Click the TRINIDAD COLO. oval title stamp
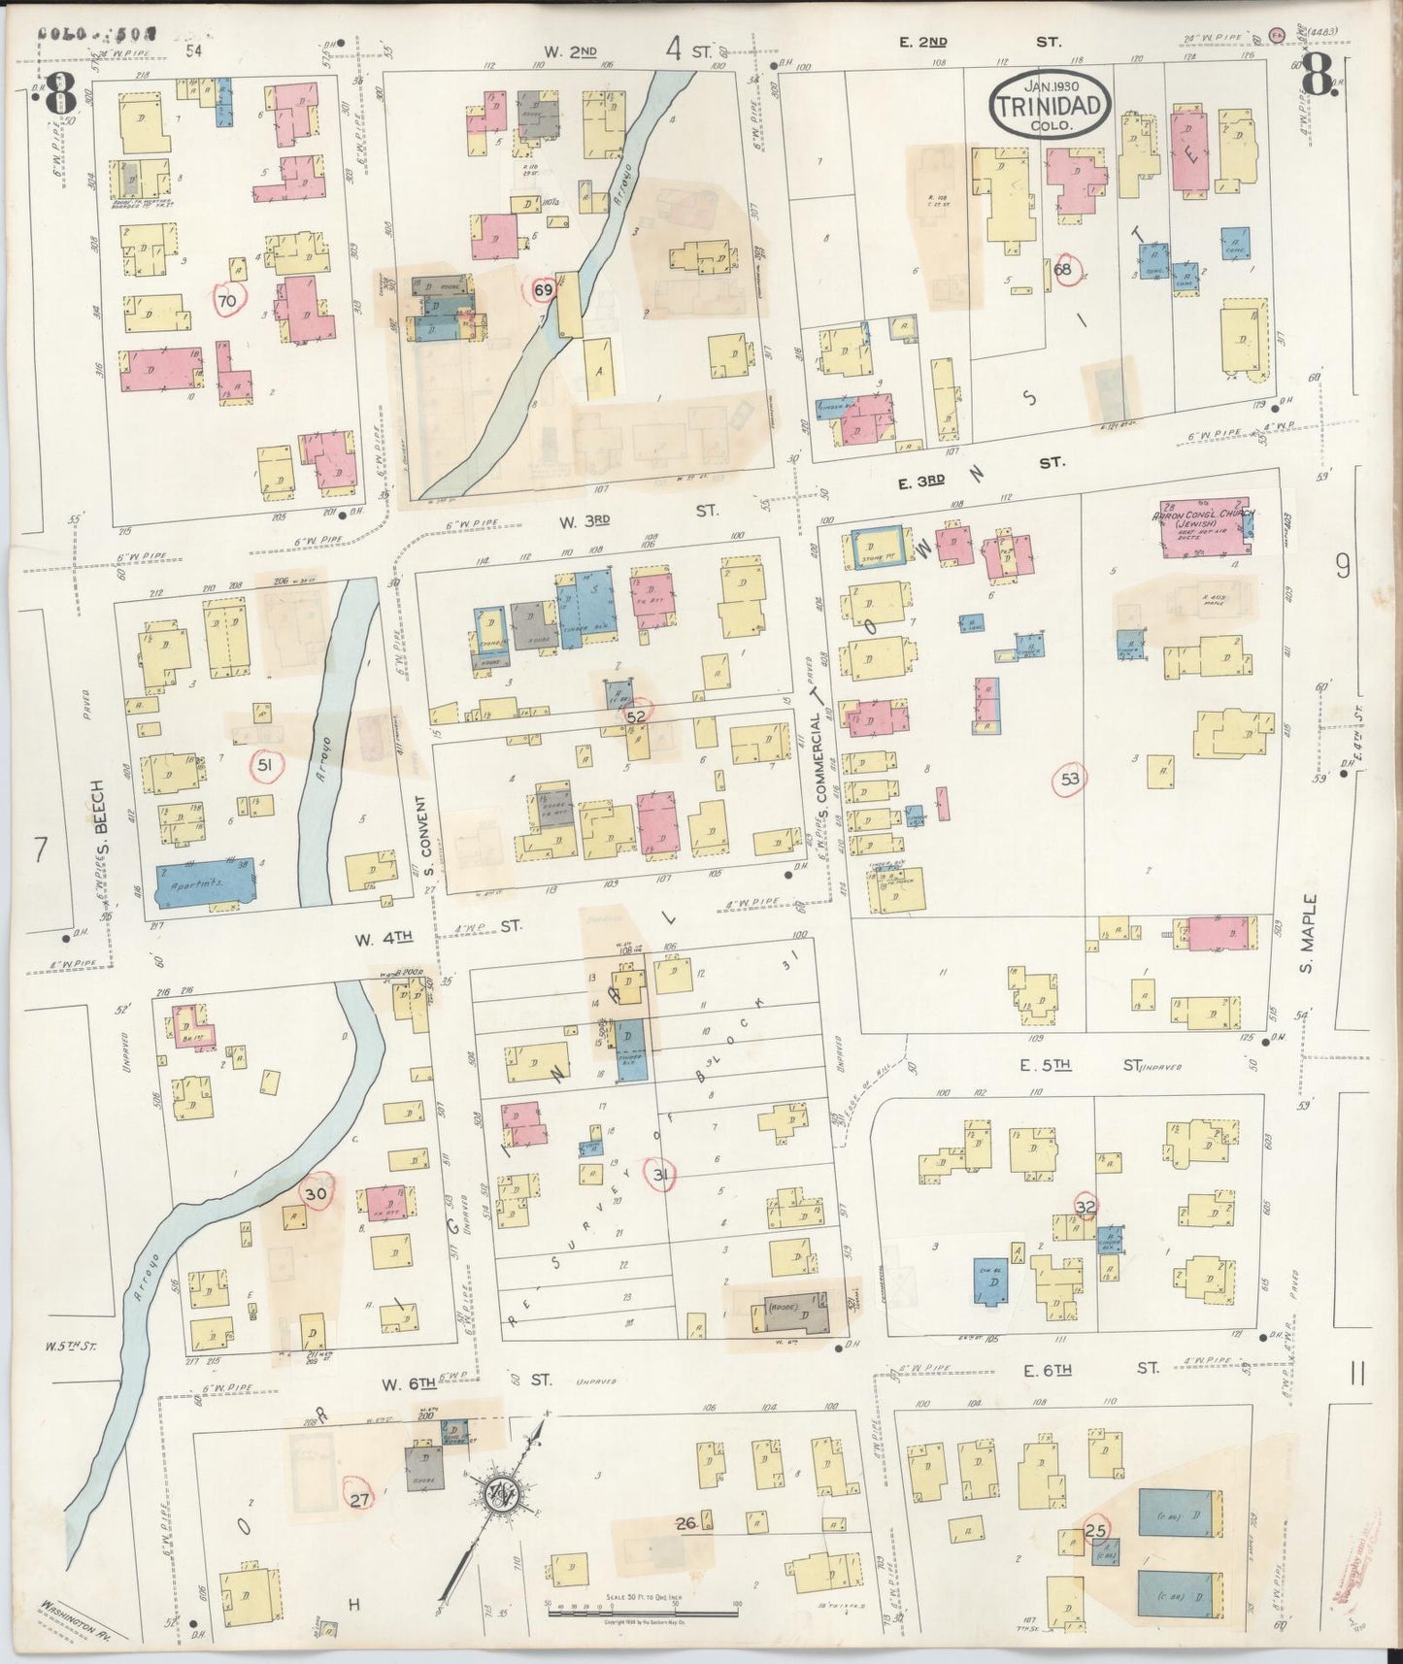(x=1050, y=105)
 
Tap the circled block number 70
(x=227, y=302)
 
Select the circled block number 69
(x=543, y=289)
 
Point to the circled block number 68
(x=1063, y=270)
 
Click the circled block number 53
(x=1070, y=778)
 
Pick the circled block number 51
(x=264, y=765)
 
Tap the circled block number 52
(x=637, y=716)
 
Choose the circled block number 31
(x=662, y=1176)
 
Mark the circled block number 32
(x=1086, y=1206)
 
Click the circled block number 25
(x=1096, y=1531)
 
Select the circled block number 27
(x=359, y=1500)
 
